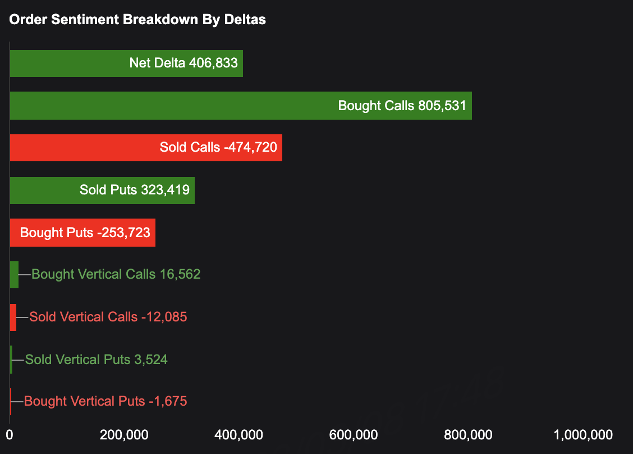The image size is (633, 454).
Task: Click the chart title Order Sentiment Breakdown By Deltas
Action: pyautogui.click(x=137, y=20)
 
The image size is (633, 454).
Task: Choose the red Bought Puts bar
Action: pyautogui.click(x=82, y=233)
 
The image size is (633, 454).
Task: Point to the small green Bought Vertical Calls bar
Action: pyautogui.click(x=14, y=275)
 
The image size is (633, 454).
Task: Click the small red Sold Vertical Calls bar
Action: pyautogui.click(x=13, y=317)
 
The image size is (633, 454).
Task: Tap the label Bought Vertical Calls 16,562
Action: pyautogui.click(x=116, y=274)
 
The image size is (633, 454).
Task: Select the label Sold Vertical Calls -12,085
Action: pyautogui.click(x=108, y=317)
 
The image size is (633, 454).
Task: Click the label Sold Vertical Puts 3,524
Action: pyautogui.click(x=97, y=360)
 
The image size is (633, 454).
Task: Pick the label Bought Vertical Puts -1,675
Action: pyautogui.click(x=105, y=401)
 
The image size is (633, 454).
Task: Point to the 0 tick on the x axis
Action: pyautogui.click(x=10, y=434)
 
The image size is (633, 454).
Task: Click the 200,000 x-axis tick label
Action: pyautogui.click(x=125, y=434)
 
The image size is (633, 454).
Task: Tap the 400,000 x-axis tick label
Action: pyautogui.click(x=240, y=434)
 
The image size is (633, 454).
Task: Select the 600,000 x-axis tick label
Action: pyautogui.click(x=355, y=434)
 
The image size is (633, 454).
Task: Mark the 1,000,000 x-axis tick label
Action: pyautogui.click(x=582, y=434)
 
